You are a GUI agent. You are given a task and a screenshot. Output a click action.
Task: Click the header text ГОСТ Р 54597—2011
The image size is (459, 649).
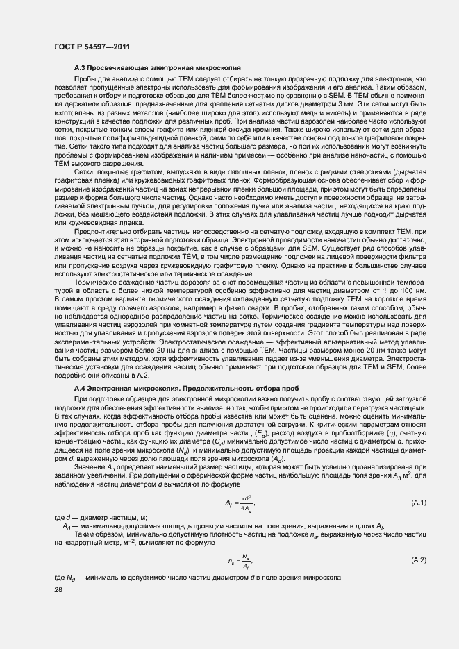pyautogui.click(x=93, y=47)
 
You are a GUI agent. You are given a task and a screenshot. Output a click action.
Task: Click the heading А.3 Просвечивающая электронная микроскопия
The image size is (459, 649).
pyautogui.click(x=158, y=69)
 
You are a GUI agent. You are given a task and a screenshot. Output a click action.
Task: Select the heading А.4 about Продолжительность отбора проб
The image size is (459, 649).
pyautogui.click(x=176, y=389)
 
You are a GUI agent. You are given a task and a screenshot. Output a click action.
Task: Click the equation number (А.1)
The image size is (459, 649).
pyautogui.click(x=419, y=502)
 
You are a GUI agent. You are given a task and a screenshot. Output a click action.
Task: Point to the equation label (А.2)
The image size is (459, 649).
pyautogui.click(x=419, y=559)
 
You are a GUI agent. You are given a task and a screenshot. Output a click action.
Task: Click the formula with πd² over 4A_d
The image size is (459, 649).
pyautogui.click(x=240, y=503)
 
